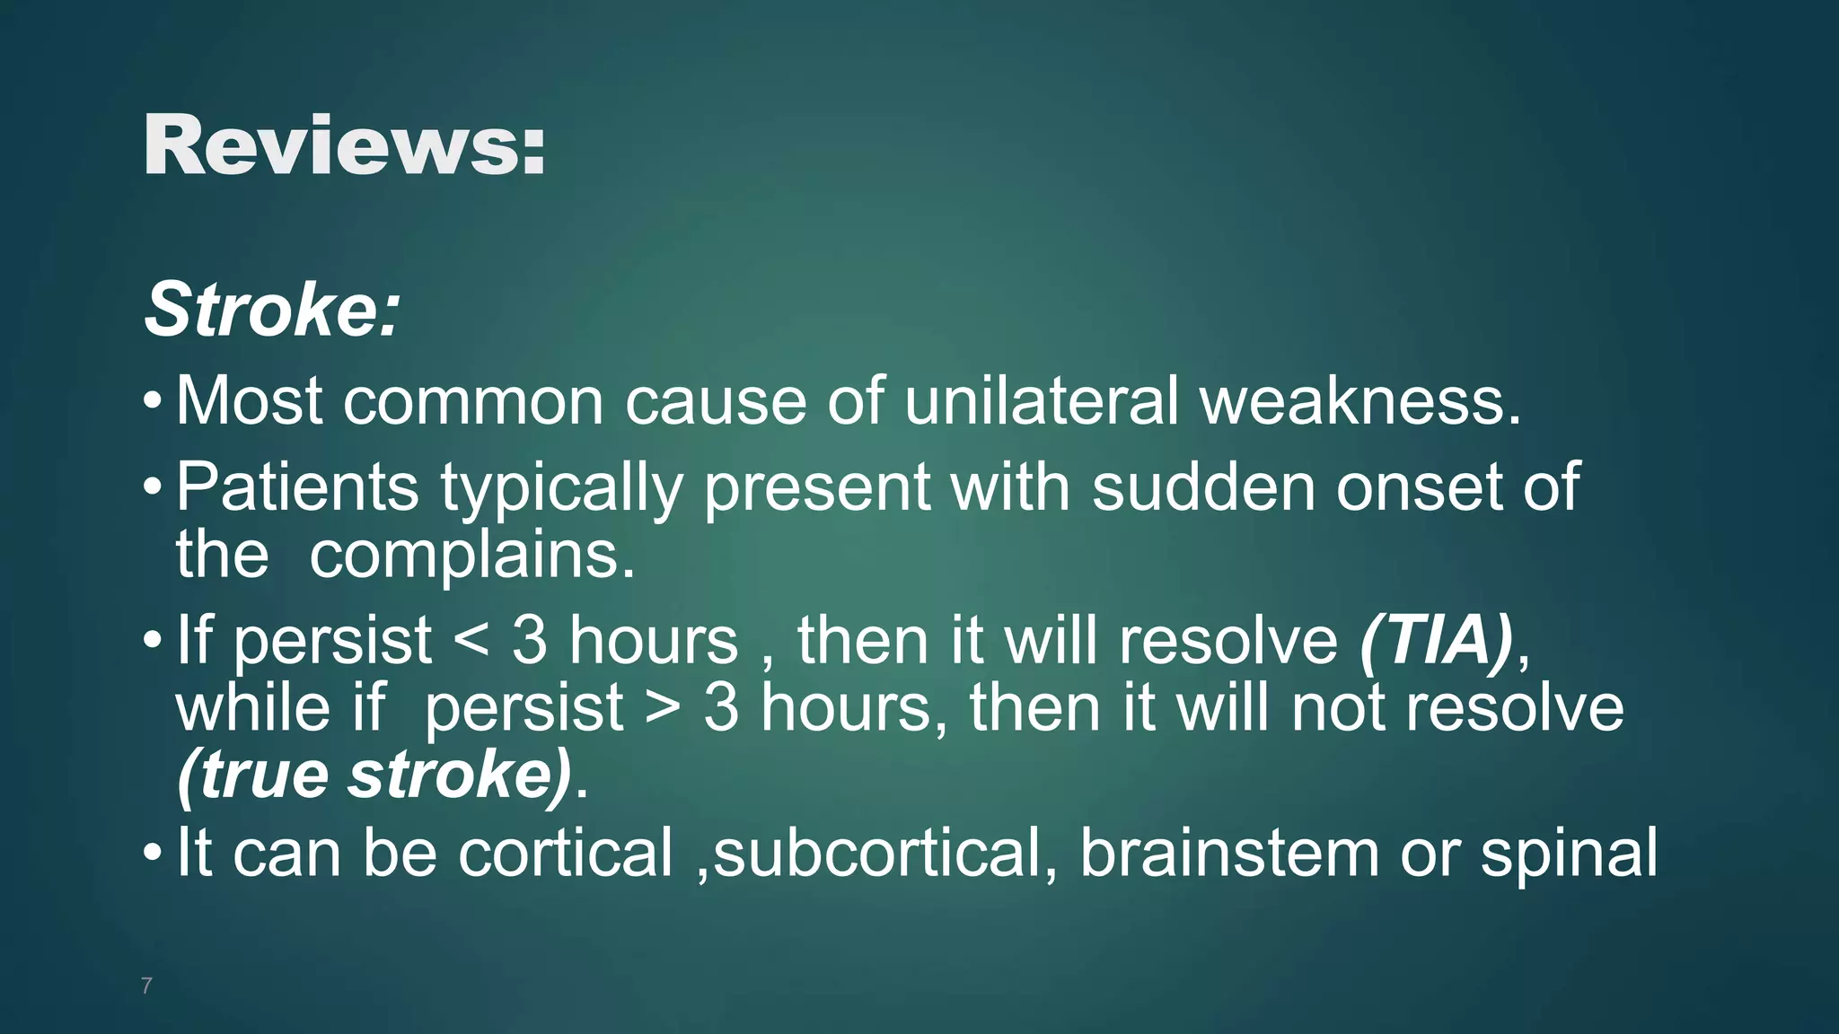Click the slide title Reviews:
[x=344, y=146]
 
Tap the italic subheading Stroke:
[x=271, y=310]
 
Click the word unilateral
[x=1041, y=400]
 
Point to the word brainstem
[x=1228, y=852]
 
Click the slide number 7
[x=146, y=986]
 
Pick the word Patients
[x=297, y=486]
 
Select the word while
[x=254, y=707]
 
